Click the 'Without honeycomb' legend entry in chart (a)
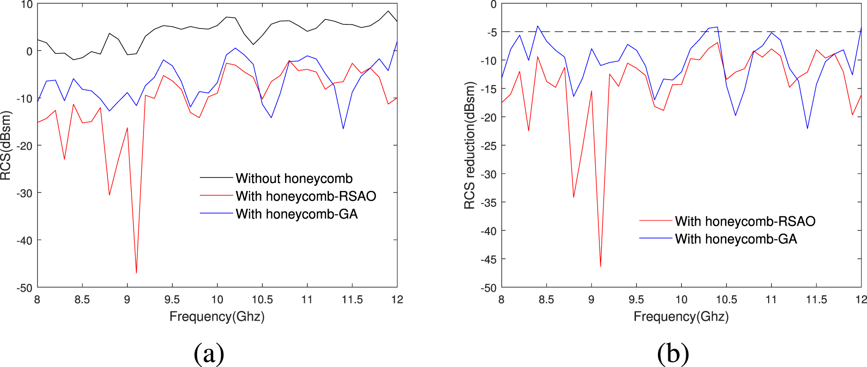(294, 178)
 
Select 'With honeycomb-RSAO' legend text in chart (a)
(306, 196)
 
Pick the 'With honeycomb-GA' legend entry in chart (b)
(736, 239)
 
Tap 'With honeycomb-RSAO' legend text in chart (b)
(745, 221)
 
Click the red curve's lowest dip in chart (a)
(136, 272)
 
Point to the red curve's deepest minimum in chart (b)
(600, 266)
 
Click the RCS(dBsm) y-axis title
(6, 146)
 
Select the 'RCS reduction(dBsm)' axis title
(470, 146)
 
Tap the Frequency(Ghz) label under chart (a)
(217, 317)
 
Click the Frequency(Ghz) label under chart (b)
(681, 317)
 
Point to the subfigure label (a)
(209, 353)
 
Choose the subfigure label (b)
(673, 353)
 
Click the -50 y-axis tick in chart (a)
(24, 288)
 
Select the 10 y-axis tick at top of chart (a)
(27, 5)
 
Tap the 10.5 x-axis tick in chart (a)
(262, 300)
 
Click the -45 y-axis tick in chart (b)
(488, 259)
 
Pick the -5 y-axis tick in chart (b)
(492, 32)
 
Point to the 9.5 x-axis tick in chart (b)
(636, 300)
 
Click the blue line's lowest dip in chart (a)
(343, 129)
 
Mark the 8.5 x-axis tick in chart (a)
(82, 300)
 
